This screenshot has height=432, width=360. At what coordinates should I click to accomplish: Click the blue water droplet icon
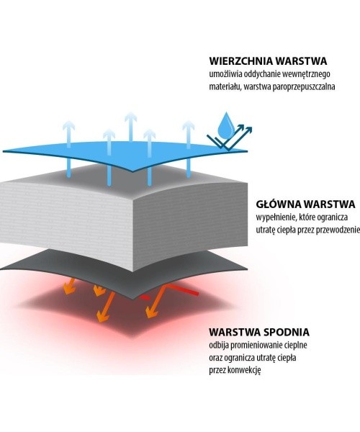(226, 125)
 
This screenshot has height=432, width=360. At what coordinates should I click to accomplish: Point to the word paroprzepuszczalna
(304, 87)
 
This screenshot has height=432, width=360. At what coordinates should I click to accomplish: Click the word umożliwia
(222, 74)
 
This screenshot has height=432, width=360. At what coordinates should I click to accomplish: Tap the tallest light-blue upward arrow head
(131, 118)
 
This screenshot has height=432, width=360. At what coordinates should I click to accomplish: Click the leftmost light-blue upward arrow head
(68, 126)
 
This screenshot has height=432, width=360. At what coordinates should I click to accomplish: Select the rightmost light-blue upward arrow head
(189, 126)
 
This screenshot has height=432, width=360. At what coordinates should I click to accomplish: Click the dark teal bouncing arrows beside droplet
(230, 138)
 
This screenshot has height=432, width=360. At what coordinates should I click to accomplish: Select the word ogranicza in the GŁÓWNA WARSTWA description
(332, 217)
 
